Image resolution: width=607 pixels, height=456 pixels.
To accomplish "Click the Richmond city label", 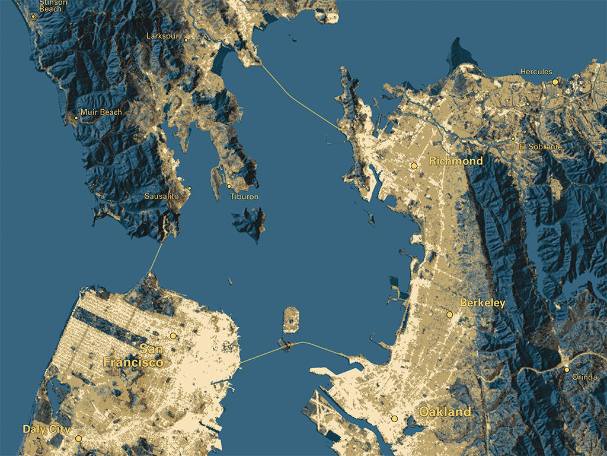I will point(455,161).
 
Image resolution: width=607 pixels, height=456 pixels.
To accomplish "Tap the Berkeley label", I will point(483,303).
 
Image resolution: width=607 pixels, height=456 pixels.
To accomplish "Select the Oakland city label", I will point(445,411).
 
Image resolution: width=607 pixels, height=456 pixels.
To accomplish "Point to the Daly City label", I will point(46,429).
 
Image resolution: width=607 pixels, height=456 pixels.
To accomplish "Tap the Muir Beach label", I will point(101,112).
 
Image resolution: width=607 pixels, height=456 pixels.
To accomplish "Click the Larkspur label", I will point(162,36).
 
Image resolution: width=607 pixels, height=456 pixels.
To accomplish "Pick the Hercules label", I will point(536,72).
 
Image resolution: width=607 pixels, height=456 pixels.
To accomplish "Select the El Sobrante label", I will point(540,147).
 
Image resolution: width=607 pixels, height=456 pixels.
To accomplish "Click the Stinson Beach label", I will point(53,5).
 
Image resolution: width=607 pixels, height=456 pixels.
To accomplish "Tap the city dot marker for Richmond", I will point(414,166).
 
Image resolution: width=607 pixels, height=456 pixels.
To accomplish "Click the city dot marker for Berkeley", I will point(449,314).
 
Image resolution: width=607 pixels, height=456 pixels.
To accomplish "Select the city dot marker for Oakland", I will point(394,419).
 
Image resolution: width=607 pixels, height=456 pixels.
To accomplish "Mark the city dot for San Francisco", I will point(173,335).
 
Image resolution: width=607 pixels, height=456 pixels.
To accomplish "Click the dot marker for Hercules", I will point(555,82).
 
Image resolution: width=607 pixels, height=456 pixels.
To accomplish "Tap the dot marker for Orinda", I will point(567,369).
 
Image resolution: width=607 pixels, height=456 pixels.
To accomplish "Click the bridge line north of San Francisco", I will point(156,256).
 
